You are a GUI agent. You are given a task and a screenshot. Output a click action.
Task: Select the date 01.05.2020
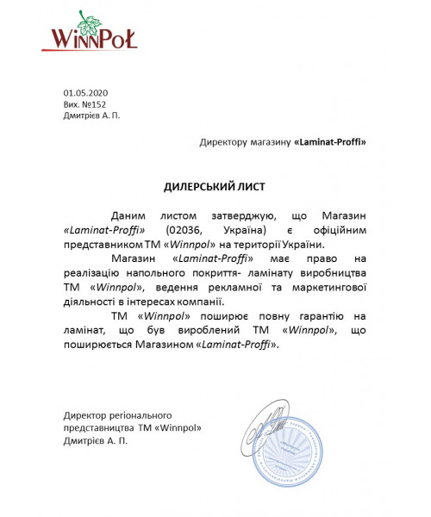[85, 92]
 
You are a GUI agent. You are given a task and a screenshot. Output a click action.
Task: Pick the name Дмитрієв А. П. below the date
[91, 115]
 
